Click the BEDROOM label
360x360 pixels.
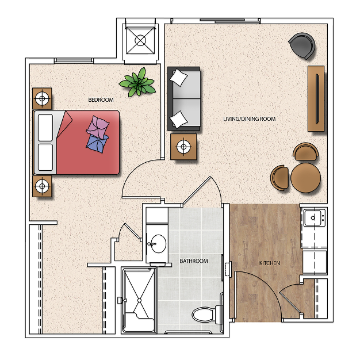[101, 100]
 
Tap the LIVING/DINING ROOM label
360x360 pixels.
[250, 119]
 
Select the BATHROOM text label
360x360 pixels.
[194, 261]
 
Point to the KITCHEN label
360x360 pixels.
[270, 263]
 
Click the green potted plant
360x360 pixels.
[138, 82]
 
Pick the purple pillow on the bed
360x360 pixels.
[98, 127]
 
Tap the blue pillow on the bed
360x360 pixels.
[97, 144]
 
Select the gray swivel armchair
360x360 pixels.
[302, 45]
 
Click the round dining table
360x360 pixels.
[305, 178]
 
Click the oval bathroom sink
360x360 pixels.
[158, 244]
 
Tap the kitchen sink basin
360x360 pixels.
[312, 217]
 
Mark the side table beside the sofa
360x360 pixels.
[183, 147]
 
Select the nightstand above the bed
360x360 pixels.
[42, 98]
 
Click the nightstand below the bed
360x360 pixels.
[42, 186]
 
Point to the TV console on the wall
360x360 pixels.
[316, 99]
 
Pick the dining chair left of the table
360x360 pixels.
[279, 178]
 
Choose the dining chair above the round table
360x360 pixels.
[305, 151]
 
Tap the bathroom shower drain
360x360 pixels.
[139, 300]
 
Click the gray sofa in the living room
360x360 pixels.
[184, 99]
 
